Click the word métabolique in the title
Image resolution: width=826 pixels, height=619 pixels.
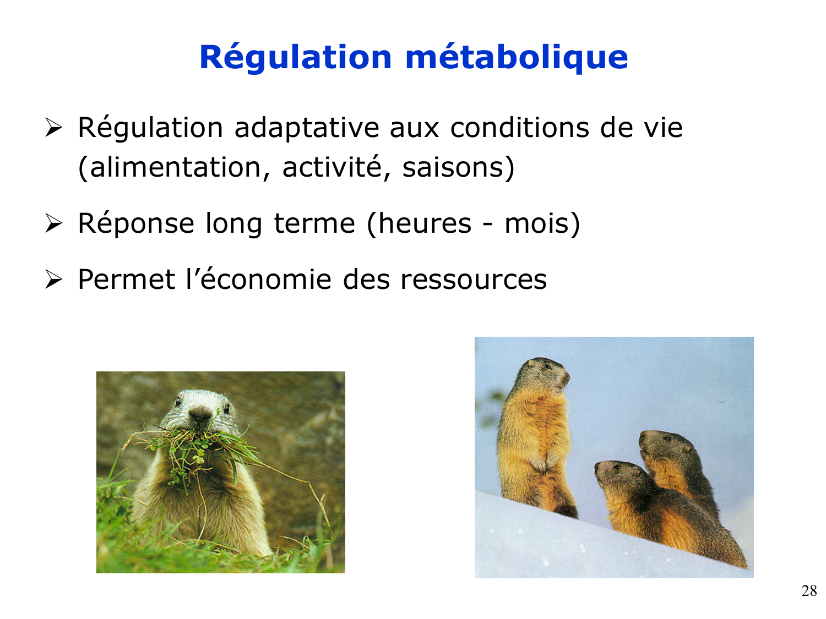pyautogui.click(x=517, y=58)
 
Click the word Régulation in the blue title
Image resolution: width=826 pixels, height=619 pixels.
pyautogui.click(x=296, y=58)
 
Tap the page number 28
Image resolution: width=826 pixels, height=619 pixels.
pyautogui.click(x=809, y=590)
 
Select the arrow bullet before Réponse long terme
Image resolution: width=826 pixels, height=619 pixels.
pyautogui.click(x=54, y=223)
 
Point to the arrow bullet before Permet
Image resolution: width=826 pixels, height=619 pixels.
pyautogui.click(x=54, y=280)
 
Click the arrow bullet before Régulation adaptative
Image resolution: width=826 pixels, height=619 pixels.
pyautogui.click(x=54, y=128)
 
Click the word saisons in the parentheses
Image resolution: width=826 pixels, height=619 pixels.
pyautogui.click(x=453, y=168)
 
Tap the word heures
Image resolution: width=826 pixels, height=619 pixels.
pyautogui.click(x=425, y=223)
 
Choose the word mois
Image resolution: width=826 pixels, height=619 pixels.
pyautogui.click(x=536, y=223)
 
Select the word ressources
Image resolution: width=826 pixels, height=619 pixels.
pyautogui.click(x=474, y=280)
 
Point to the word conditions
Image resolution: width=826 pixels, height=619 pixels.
pyautogui.click(x=519, y=128)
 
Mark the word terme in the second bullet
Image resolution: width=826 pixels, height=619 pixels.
pyautogui.click(x=314, y=223)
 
